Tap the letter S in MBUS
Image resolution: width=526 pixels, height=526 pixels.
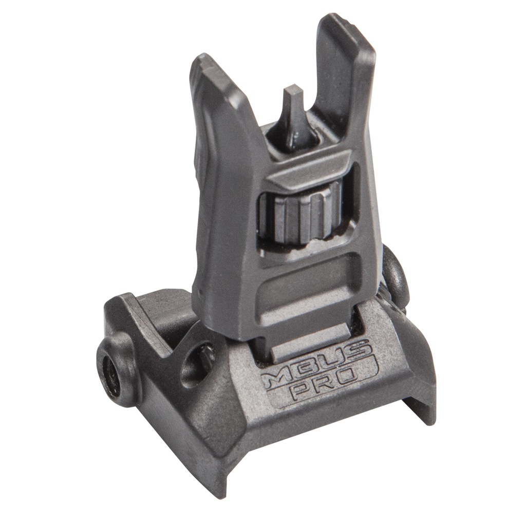click(360, 349)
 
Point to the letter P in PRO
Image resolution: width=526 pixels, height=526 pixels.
click(302, 392)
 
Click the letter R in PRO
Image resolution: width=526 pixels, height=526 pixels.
click(327, 383)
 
